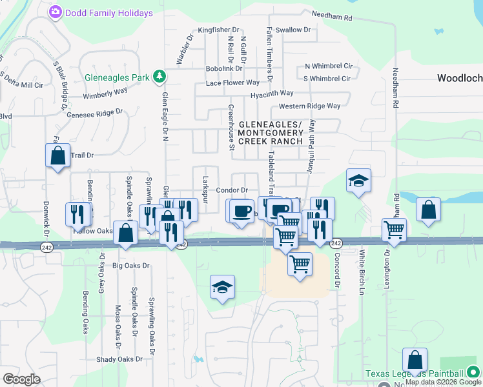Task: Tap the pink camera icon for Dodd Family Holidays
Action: [x=56, y=12]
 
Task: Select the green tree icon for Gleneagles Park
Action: [x=159, y=77]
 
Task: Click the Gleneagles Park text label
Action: [x=117, y=77]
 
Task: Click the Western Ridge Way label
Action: [x=309, y=106]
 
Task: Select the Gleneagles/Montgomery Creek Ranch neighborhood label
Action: [x=270, y=132]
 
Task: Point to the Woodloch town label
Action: [x=459, y=78]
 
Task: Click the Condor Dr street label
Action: [x=232, y=190]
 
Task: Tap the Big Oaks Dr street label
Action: [x=130, y=265]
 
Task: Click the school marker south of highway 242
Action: [x=222, y=287]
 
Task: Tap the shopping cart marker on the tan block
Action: [x=300, y=264]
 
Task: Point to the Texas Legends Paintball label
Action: [x=414, y=373]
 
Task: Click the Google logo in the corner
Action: [x=21, y=379]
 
